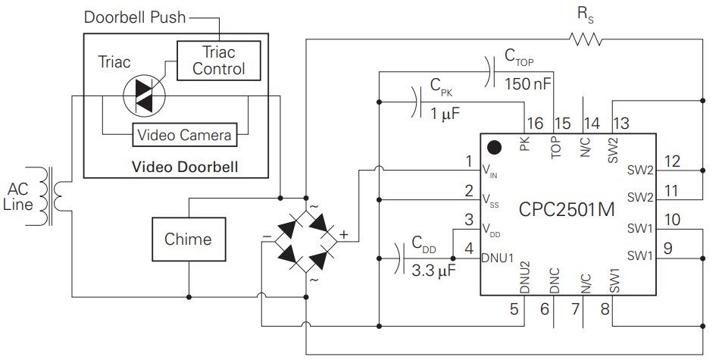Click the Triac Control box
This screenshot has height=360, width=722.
coord(218,60)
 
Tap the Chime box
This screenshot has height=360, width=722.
coord(188,239)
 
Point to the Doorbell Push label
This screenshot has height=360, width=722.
coord(135,17)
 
